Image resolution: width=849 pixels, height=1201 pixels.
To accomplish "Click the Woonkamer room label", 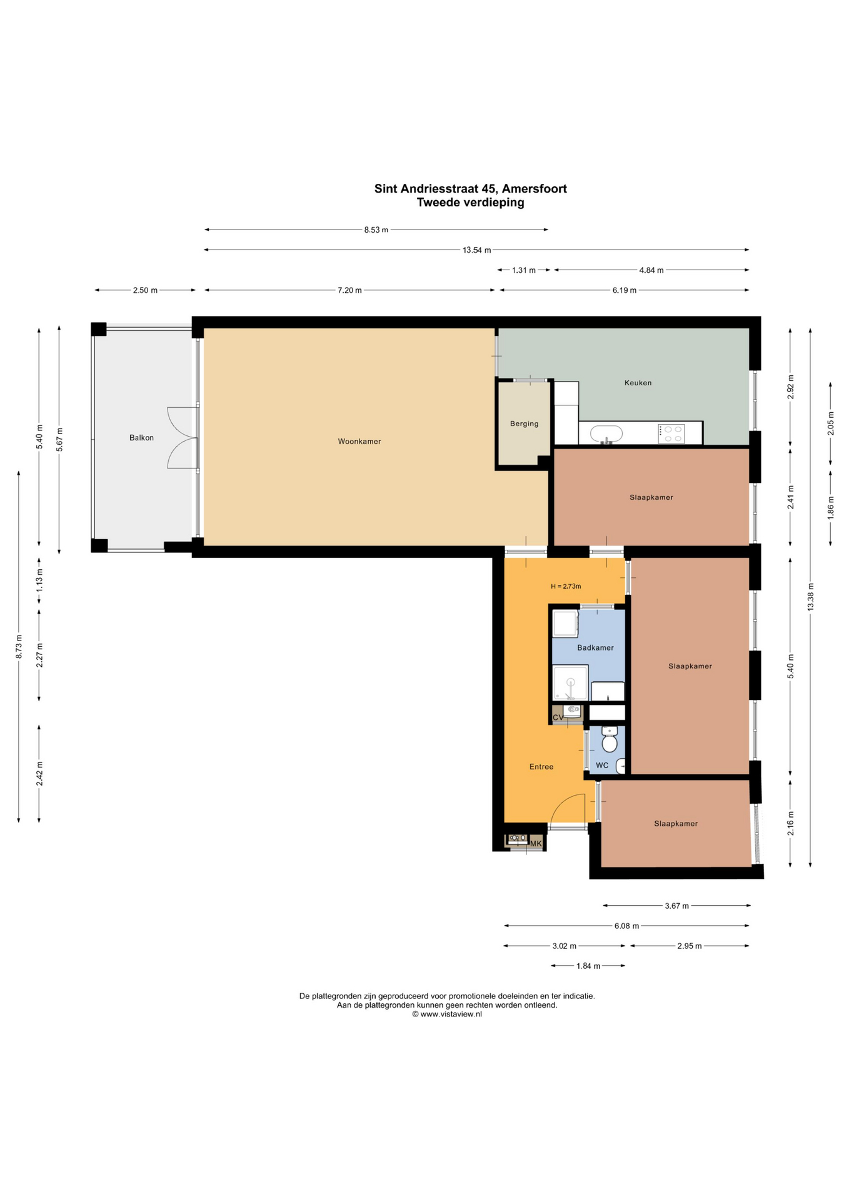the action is pyautogui.click(x=359, y=442).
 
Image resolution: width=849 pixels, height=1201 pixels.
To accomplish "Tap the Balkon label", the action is pyautogui.click(x=141, y=438).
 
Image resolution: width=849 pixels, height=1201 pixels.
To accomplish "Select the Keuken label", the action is pyautogui.click(x=638, y=383).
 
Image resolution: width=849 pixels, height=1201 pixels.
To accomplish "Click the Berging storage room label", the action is pyautogui.click(x=524, y=424).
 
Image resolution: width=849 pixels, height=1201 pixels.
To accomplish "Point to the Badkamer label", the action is pyautogui.click(x=595, y=648).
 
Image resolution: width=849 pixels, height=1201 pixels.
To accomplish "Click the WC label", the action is pyautogui.click(x=602, y=766).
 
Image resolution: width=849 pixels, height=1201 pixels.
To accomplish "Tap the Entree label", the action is pyautogui.click(x=541, y=767).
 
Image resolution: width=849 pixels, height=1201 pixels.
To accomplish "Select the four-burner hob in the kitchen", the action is pyautogui.click(x=671, y=433).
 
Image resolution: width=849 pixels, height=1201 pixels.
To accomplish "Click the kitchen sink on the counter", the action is pyautogui.click(x=606, y=434).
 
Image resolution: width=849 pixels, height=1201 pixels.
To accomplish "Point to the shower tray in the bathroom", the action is pyautogui.click(x=570, y=684).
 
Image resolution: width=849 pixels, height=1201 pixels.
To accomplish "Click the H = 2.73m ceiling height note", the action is pyautogui.click(x=566, y=587).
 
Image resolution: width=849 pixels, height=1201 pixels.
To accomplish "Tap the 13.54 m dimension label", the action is pyautogui.click(x=476, y=250).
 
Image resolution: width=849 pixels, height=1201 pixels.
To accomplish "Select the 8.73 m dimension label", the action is pyautogui.click(x=19, y=646).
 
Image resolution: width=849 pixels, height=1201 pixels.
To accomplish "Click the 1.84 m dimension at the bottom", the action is pyautogui.click(x=588, y=966).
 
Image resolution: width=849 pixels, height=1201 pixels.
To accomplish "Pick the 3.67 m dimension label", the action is pyautogui.click(x=676, y=906).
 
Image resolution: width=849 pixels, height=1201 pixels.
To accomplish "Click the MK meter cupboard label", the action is pyautogui.click(x=536, y=844).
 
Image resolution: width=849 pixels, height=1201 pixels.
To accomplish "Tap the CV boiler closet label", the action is pyautogui.click(x=558, y=717).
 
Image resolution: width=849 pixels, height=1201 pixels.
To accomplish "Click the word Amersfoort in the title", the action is pyautogui.click(x=535, y=189).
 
